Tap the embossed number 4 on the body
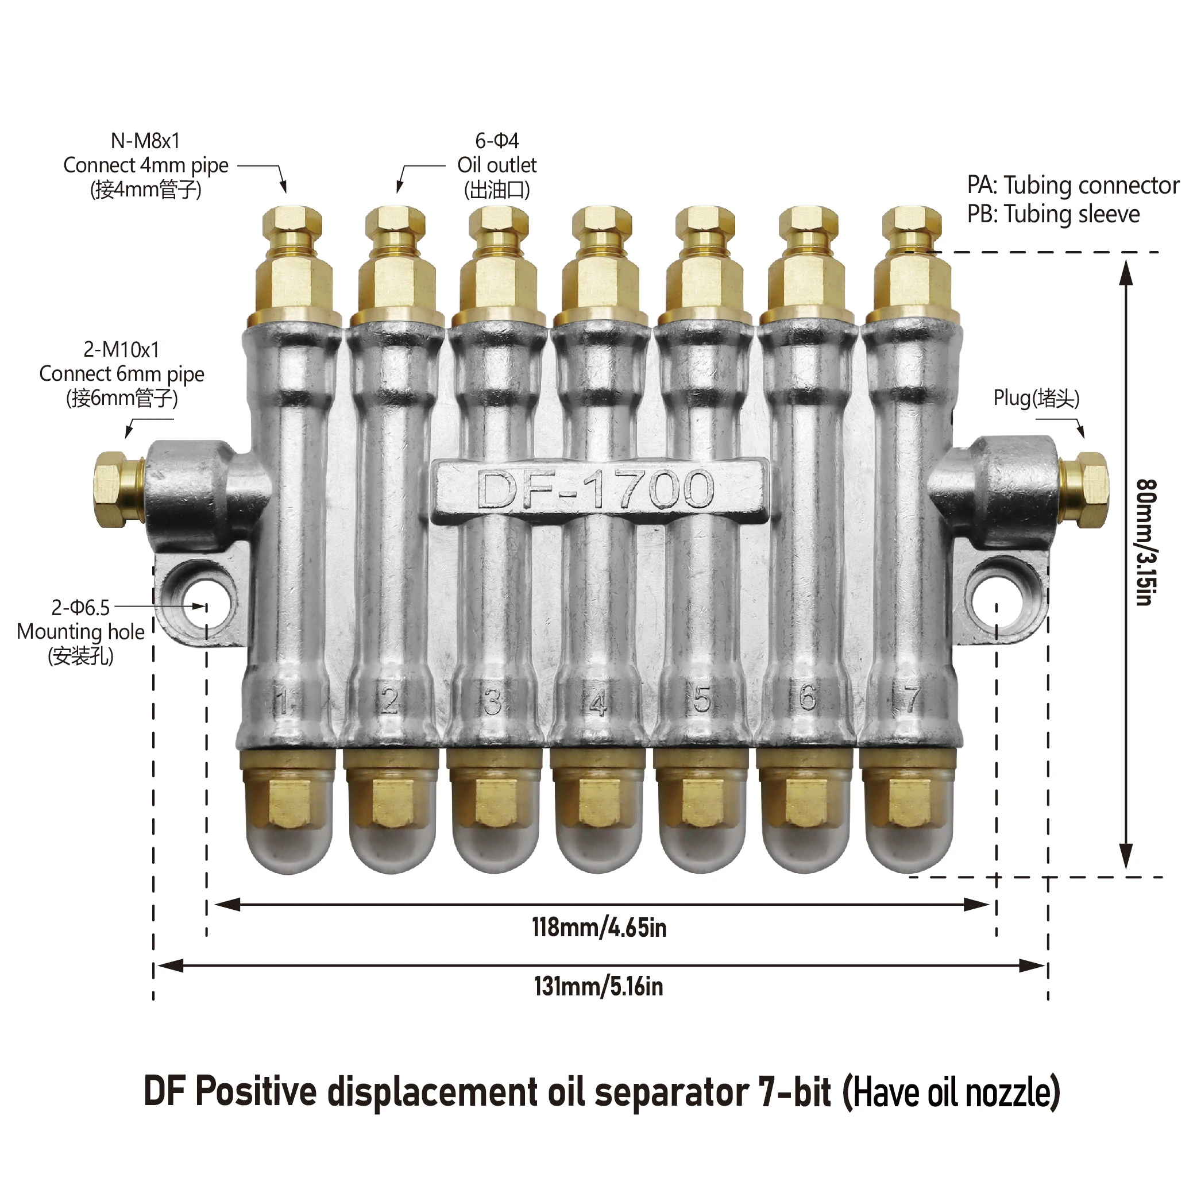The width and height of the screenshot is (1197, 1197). [597, 703]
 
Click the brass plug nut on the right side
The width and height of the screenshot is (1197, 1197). [1083, 489]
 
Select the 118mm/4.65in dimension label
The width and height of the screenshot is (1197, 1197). [599, 928]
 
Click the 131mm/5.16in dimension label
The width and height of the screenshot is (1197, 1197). [599, 986]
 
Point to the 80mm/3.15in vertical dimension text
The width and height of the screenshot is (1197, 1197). [1146, 542]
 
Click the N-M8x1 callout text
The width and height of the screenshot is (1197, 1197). [145, 141]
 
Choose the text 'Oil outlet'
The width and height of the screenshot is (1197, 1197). [497, 165]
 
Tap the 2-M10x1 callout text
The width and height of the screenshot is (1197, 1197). [121, 350]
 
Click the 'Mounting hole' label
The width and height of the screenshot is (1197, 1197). [80, 632]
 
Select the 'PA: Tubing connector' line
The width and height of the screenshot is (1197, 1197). [1073, 186]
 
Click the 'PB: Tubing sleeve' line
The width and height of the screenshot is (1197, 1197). [1053, 214]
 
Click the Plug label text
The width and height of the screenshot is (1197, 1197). [1036, 399]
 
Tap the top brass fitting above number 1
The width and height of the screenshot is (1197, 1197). [292, 267]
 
